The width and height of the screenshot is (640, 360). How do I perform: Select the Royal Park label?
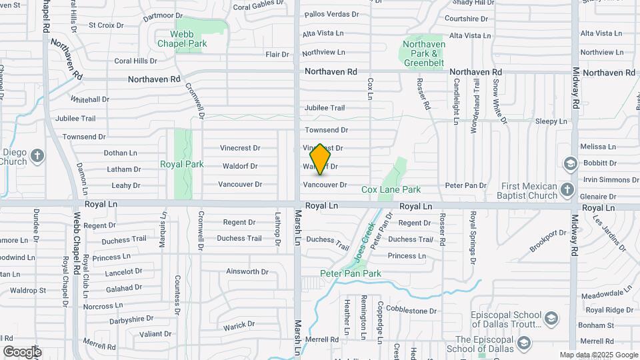click(x=181, y=164)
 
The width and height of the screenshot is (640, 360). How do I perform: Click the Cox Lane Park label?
click(x=391, y=190)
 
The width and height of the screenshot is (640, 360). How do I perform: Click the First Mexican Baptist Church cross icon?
click(x=567, y=189)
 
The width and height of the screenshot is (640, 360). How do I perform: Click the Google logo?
click(x=21, y=352)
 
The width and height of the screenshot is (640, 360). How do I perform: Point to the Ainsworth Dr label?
click(x=247, y=272)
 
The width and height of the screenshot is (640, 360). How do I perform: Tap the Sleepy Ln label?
click(x=551, y=122)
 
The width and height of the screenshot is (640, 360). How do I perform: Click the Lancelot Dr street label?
click(x=105, y=272)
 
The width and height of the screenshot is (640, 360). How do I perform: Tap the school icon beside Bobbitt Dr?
click(x=570, y=163)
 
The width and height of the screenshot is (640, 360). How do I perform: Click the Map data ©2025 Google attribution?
click(x=599, y=355)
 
